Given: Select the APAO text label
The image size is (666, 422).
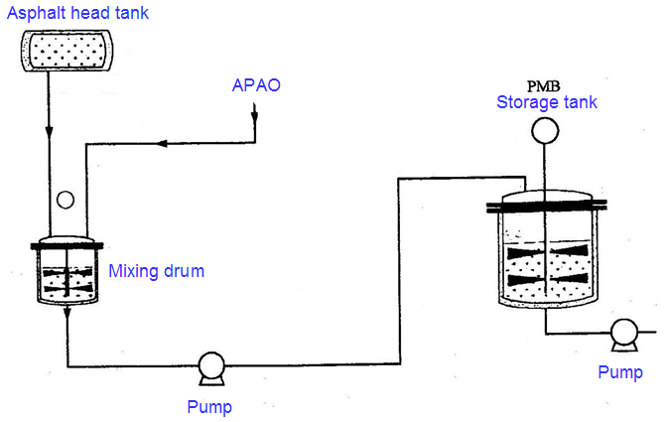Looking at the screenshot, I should pos(255,85).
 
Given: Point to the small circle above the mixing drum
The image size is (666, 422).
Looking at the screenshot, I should pos(66,200).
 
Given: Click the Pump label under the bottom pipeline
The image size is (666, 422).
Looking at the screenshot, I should pos(210,405).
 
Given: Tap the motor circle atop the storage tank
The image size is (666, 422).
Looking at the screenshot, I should pos(544,130).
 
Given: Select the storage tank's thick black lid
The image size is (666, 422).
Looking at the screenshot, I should pos(545,208).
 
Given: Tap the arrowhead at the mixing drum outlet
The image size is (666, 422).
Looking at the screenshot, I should pos(67,313).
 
